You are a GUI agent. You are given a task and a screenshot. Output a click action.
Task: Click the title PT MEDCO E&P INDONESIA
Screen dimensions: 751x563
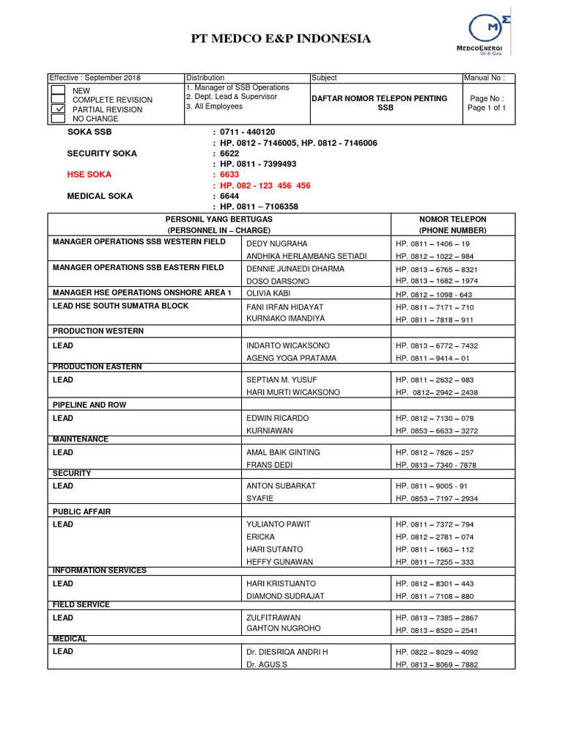click(x=281, y=39)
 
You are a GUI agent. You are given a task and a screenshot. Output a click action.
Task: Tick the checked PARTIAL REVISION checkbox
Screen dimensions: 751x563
click(x=58, y=109)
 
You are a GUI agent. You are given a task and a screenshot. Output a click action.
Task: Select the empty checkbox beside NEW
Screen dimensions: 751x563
click(x=58, y=90)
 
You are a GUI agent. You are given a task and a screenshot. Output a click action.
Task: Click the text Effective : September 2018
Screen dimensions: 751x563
click(x=95, y=78)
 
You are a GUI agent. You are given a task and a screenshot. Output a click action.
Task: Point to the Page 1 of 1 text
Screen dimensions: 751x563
click(x=487, y=108)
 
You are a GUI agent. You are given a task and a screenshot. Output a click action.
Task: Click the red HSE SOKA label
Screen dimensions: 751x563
click(x=89, y=175)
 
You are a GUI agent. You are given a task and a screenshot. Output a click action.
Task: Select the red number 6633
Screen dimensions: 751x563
click(x=229, y=175)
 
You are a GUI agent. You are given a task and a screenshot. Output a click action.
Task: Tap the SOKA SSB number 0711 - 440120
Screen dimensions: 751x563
click(x=247, y=132)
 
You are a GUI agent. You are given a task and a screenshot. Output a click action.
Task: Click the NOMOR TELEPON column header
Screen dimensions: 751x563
click(x=452, y=219)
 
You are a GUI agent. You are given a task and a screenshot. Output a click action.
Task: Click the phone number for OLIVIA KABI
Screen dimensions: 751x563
click(x=434, y=294)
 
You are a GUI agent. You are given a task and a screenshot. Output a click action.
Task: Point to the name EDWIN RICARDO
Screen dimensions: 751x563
click(x=278, y=418)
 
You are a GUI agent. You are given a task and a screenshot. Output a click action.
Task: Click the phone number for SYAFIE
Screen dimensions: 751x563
click(x=437, y=499)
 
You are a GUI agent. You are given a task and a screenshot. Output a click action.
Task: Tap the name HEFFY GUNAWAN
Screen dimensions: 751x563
click(x=280, y=562)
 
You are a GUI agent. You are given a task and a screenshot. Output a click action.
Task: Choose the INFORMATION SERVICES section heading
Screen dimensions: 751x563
click(x=100, y=571)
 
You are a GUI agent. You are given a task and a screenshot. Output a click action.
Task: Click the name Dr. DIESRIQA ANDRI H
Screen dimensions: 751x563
click(x=287, y=651)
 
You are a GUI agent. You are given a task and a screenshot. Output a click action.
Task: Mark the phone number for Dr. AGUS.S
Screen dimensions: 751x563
click(x=437, y=664)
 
